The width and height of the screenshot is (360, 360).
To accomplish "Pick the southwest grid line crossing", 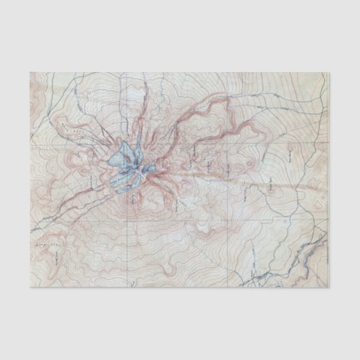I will (127, 216).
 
